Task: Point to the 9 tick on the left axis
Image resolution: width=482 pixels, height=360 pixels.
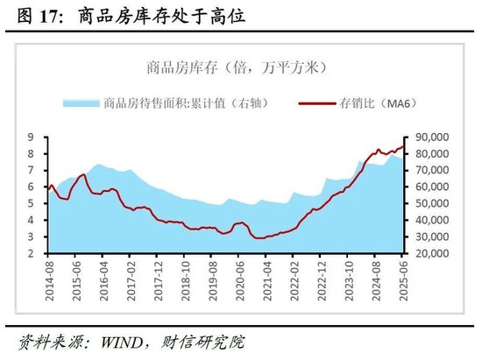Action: point(32,138)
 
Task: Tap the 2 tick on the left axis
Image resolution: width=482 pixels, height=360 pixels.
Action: point(32,253)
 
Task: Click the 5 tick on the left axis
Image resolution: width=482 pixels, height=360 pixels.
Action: point(32,203)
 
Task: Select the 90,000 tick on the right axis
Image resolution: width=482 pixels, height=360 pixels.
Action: point(429,138)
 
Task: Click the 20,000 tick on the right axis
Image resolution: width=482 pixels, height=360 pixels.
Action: point(429,253)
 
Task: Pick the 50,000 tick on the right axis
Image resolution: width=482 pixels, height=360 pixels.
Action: point(429,203)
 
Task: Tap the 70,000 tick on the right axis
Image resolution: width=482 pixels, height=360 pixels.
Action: point(429,170)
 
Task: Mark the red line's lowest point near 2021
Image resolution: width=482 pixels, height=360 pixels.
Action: point(259,237)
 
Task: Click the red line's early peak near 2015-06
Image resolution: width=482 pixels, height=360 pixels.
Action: point(82,175)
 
